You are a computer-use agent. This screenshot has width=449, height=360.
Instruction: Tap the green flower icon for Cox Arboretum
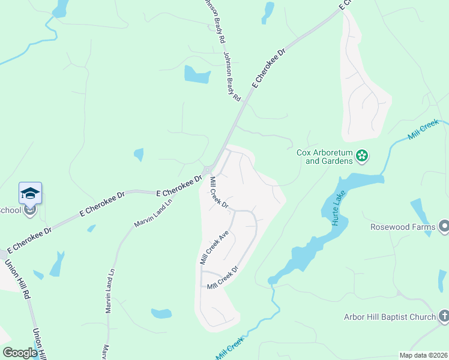click(361, 157)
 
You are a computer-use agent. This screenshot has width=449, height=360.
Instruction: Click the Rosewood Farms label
click(402, 227)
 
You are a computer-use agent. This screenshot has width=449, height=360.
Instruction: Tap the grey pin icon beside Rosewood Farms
click(444, 227)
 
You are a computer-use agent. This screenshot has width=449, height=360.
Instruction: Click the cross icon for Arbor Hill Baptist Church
click(443, 316)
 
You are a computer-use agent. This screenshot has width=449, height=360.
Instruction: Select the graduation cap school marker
click(30, 193)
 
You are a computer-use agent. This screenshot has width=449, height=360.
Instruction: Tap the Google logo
click(20, 353)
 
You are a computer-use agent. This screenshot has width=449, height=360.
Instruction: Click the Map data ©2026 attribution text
click(423, 355)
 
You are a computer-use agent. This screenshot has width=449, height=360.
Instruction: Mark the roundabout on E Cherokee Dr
click(208, 170)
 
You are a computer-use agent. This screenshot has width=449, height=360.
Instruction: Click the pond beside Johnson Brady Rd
click(197, 74)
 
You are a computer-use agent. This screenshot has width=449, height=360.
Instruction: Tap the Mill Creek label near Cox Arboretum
click(423, 130)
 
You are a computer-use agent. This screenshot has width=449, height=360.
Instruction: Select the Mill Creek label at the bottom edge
click(229, 349)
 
